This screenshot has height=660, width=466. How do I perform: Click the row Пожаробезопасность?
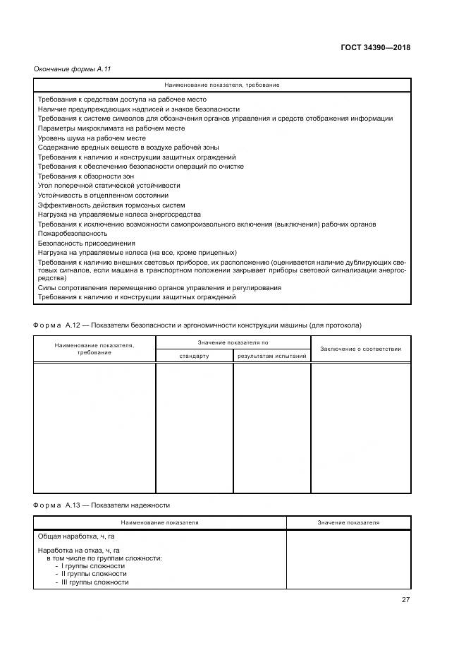click(73, 233)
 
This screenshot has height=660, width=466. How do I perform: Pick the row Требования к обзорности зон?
click(85, 176)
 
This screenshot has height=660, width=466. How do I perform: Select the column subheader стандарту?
click(194, 356)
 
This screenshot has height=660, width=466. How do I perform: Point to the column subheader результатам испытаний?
click(272, 356)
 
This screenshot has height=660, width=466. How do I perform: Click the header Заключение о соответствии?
click(361, 349)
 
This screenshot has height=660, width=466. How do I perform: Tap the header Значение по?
click(233, 342)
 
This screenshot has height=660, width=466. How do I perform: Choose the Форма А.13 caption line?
click(102, 505)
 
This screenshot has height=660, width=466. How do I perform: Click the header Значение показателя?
click(348, 522)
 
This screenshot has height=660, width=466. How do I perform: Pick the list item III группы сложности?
click(94, 582)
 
